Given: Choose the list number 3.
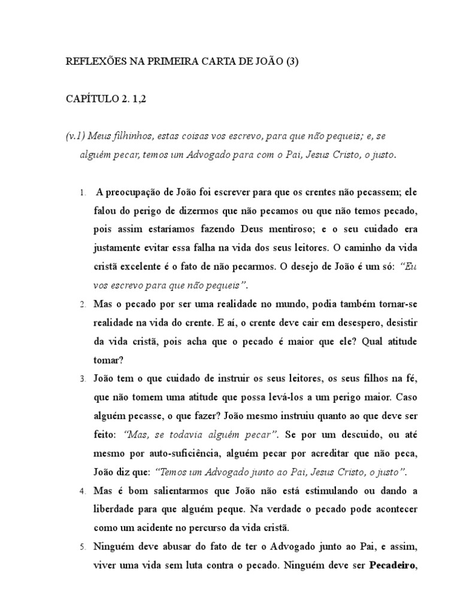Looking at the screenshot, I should [81, 380].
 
